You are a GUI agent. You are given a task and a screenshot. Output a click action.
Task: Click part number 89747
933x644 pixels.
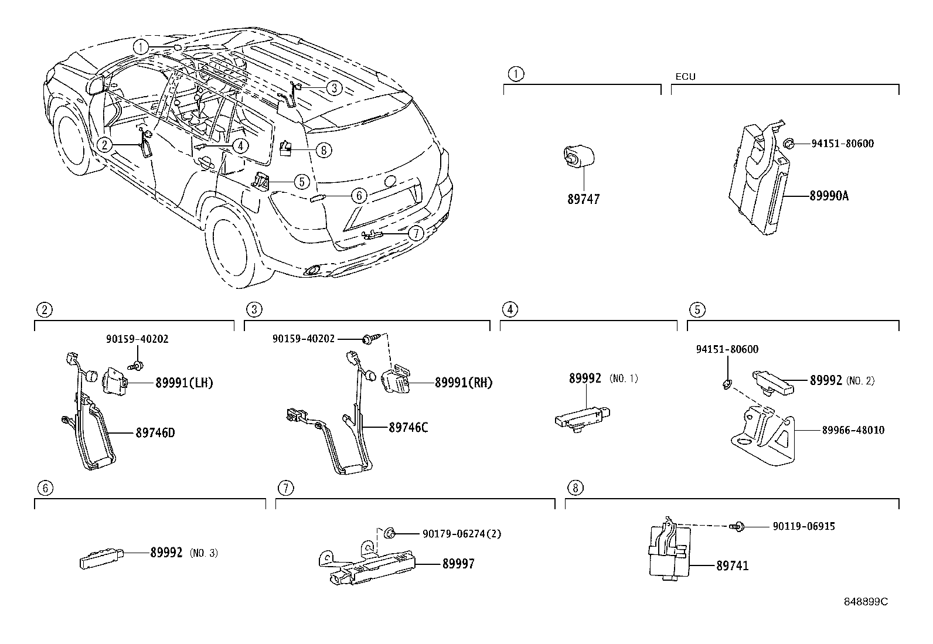583,199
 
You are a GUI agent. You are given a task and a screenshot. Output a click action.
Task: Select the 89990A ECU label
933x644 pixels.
829,196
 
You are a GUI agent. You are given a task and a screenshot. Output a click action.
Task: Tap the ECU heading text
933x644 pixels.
685,77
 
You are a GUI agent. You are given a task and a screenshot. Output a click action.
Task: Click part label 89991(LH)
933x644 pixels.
184,383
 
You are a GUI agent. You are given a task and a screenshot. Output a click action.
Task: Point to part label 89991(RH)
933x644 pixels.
464,383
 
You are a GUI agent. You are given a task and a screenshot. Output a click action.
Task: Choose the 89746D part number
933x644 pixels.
155,434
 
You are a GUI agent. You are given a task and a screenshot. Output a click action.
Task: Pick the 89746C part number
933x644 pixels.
408,428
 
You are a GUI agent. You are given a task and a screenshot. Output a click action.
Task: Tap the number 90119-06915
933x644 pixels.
803,527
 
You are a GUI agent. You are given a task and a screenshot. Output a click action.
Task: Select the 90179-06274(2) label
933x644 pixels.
461,534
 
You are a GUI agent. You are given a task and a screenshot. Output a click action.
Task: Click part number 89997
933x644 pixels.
458,564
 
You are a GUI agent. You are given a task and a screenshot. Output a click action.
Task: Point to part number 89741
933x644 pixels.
732,566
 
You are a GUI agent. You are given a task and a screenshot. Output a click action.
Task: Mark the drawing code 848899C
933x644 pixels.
866,602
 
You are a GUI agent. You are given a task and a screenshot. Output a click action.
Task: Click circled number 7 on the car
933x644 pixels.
415,233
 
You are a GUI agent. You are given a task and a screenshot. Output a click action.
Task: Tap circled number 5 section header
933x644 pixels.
697,309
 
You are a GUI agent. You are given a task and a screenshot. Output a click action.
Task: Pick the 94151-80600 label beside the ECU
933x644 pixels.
842,144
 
